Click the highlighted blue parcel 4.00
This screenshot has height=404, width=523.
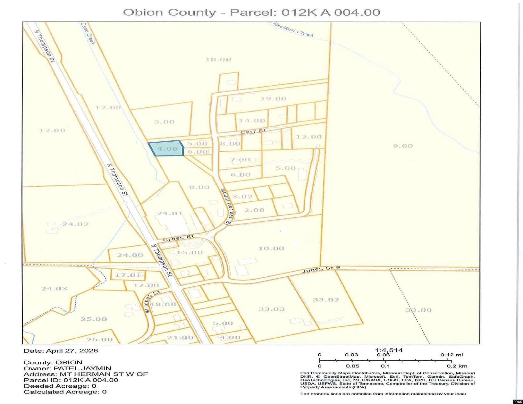(x=166, y=149)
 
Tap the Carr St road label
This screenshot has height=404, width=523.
(x=253, y=131)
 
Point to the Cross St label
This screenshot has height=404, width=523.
(x=178, y=238)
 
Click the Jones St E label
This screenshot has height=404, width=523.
(x=321, y=269)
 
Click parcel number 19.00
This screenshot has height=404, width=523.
(x=273, y=99)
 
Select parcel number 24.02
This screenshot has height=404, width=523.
(x=75, y=224)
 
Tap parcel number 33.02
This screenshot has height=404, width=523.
(x=326, y=299)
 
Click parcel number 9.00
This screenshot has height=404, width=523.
(x=403, y=146)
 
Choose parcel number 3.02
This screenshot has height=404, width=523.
(x=242, y=197)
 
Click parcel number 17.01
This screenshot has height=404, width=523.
(x=128, y=275)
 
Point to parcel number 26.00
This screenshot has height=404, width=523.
(x=99, y=339)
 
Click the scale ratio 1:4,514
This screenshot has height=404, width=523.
(x=389, y=350)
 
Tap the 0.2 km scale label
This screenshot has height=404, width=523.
(x=457, y=366)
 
